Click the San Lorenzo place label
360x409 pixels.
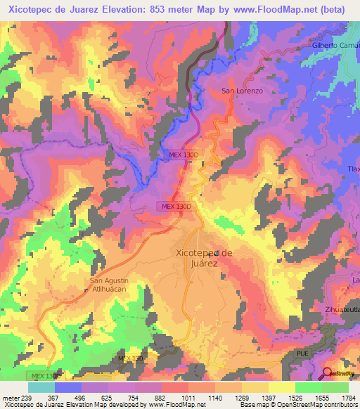pos(242,91)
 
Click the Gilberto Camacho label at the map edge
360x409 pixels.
pos(335,45)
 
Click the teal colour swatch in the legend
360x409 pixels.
pos(41,387)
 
